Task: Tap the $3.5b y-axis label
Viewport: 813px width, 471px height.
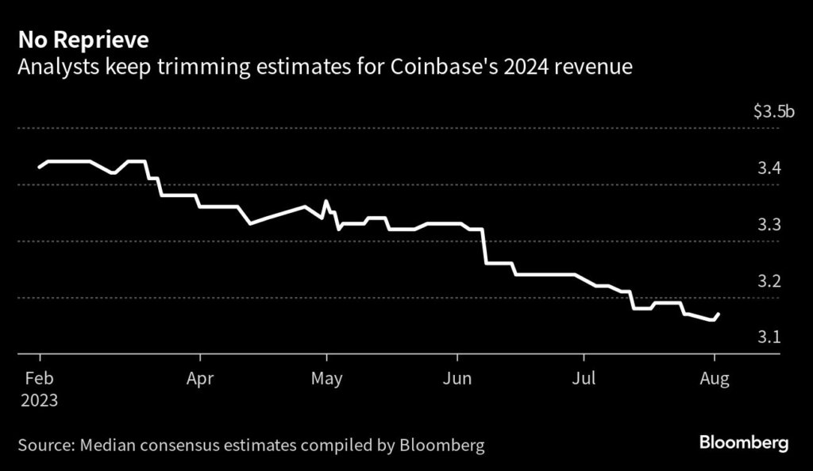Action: (773, 112)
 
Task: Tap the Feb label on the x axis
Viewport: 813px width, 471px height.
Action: (39, 378)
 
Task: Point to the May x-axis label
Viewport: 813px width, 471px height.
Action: (326, 378)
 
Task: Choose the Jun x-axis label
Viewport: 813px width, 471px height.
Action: (457, 378)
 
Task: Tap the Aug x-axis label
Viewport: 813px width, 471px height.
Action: (714, 378)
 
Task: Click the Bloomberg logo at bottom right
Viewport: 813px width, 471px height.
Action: (744, 443)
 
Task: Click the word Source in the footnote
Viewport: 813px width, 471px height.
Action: (44, 445)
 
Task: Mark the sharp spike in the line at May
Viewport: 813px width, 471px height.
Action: (326, 201)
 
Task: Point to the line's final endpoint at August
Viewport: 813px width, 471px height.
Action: (719, 315)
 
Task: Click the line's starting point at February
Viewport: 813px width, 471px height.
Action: (40, 167)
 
